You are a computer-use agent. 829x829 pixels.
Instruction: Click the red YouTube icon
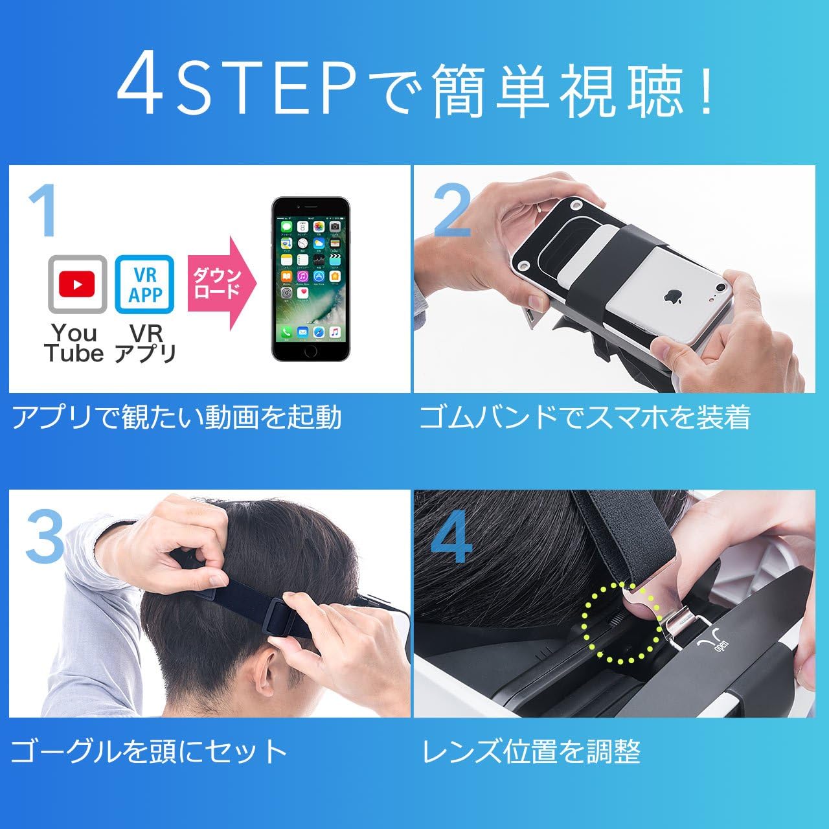pyautogui.click(x=77, y=284)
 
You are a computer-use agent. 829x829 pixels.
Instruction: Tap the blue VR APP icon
pyautogui.click(x=144, y=284)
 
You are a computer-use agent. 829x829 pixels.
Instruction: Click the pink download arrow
pyautogui.click(x=220, y=284)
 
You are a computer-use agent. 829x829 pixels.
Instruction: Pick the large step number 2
pyautogui.click(x=451, y=210)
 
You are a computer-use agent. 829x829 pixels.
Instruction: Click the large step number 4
pyautogui.click(x=451, y=538)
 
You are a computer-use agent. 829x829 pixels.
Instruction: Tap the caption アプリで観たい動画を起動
pyautogui.click(x=177, y=418)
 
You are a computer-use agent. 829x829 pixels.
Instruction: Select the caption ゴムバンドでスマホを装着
pyautogui.click(x=585, y=418)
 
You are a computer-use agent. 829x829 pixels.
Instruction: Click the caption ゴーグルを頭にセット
pyautogui.click(x=149, y=751)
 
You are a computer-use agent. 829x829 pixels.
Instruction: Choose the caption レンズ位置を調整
pyautogui.click(x=532, y=752)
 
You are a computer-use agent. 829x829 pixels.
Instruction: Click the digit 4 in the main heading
pyautogui.click(x=141, y=87)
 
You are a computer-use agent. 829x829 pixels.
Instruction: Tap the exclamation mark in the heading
pyautogui.click(x=705, y=91)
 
